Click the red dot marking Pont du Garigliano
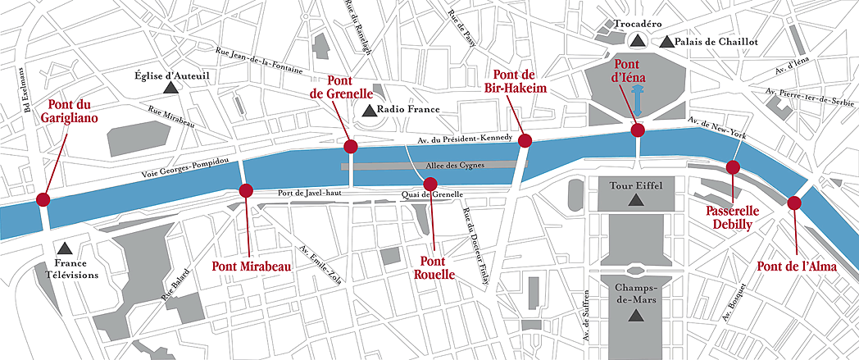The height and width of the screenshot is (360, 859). (x=42, y=199)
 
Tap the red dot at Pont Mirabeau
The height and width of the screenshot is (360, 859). (x=244, y=191)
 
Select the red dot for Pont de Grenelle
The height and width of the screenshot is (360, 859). (x=351, y=147)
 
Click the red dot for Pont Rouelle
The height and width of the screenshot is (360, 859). (x=430, y=183)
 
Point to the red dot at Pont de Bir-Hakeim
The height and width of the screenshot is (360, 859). (x=525, y=140)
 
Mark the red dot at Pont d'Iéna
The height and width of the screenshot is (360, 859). (x=637, y=130)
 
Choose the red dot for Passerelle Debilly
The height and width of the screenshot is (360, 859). (x=733, y=167)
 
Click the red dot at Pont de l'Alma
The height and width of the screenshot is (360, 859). (x=793, y=203)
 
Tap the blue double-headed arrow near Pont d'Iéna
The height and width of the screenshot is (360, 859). (x=637, y=103)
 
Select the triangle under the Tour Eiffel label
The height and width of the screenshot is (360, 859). (x=634, y=200)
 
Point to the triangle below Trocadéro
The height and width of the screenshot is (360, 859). (x=636, y=40)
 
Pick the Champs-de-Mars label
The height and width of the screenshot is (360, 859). (x=634, y=295)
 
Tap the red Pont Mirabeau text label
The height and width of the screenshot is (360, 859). (x=252, y=266)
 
